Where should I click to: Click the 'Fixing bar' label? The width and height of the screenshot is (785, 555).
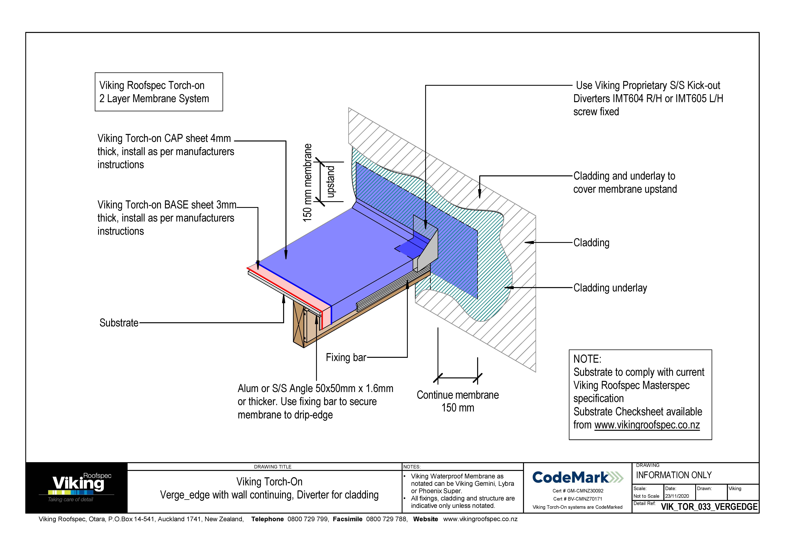[x=346, y=357]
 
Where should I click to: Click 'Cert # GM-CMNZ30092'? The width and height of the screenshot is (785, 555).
[x=577, y=491]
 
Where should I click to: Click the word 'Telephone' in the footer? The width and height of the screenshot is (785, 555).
[x=267, y=519]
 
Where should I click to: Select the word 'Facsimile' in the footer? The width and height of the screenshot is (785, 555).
[x=347, y=519]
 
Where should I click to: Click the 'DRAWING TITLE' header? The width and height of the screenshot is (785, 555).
[x=273, y=466]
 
